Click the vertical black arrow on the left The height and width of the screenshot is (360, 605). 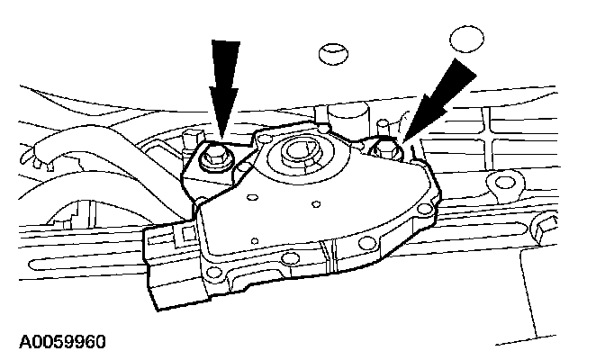click(222, 85)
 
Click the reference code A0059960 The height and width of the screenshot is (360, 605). click(56, 342)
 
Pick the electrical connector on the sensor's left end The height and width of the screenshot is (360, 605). click(171, 261)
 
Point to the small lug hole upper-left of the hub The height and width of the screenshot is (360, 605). click(266, 139)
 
